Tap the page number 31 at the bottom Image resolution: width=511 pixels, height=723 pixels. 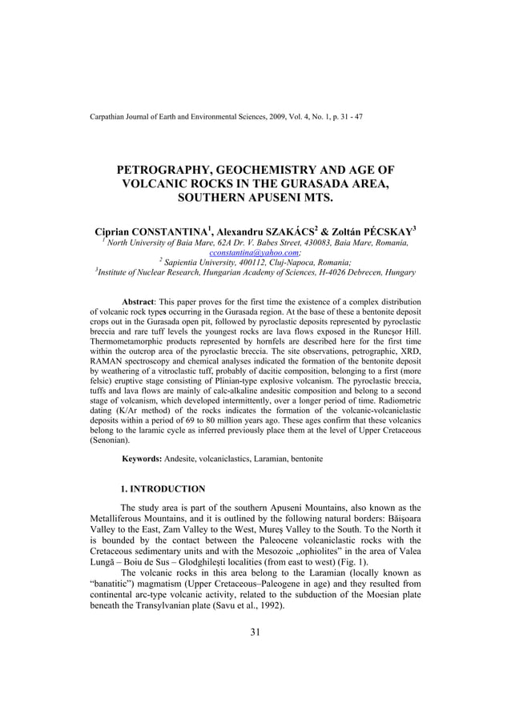coord(255,633)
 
